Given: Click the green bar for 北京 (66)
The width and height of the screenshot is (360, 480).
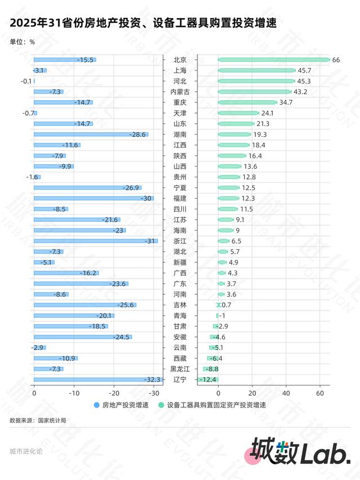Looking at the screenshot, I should [x=273, y=60].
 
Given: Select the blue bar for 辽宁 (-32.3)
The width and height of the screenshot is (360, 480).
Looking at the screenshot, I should [x=98, y=380].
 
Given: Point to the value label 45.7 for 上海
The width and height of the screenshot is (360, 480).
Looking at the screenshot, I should [x=305, y=70].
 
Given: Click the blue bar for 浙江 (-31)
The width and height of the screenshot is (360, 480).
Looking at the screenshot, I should [x=96, y=241].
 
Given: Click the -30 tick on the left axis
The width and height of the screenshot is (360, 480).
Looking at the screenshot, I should [x=154, y=393].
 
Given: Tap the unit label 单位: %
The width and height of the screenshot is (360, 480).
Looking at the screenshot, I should [x=22, y=42].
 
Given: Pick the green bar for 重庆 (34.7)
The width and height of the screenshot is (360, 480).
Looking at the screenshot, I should [x=247, y=102].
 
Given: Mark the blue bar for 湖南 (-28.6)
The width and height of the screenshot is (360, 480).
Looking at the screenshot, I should [x=91, y=134].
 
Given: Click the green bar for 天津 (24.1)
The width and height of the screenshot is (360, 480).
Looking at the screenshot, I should [x=238, y=113].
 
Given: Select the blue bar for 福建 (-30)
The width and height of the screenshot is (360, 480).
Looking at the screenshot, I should [x=93, y=198].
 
